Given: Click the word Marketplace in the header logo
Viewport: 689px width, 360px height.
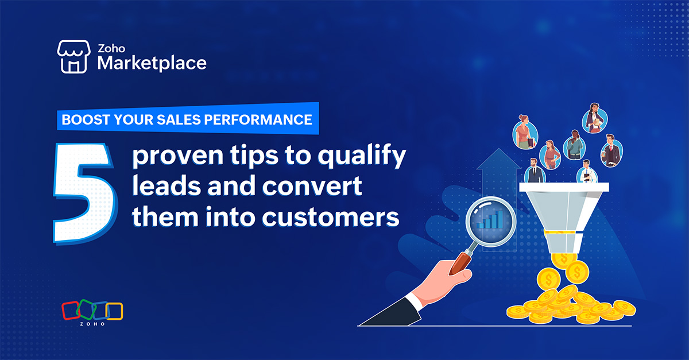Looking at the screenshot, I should point(152,63).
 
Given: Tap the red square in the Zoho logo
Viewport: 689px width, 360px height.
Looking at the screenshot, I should point(70,311).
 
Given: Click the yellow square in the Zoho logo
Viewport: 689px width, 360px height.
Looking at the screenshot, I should point(115,311).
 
